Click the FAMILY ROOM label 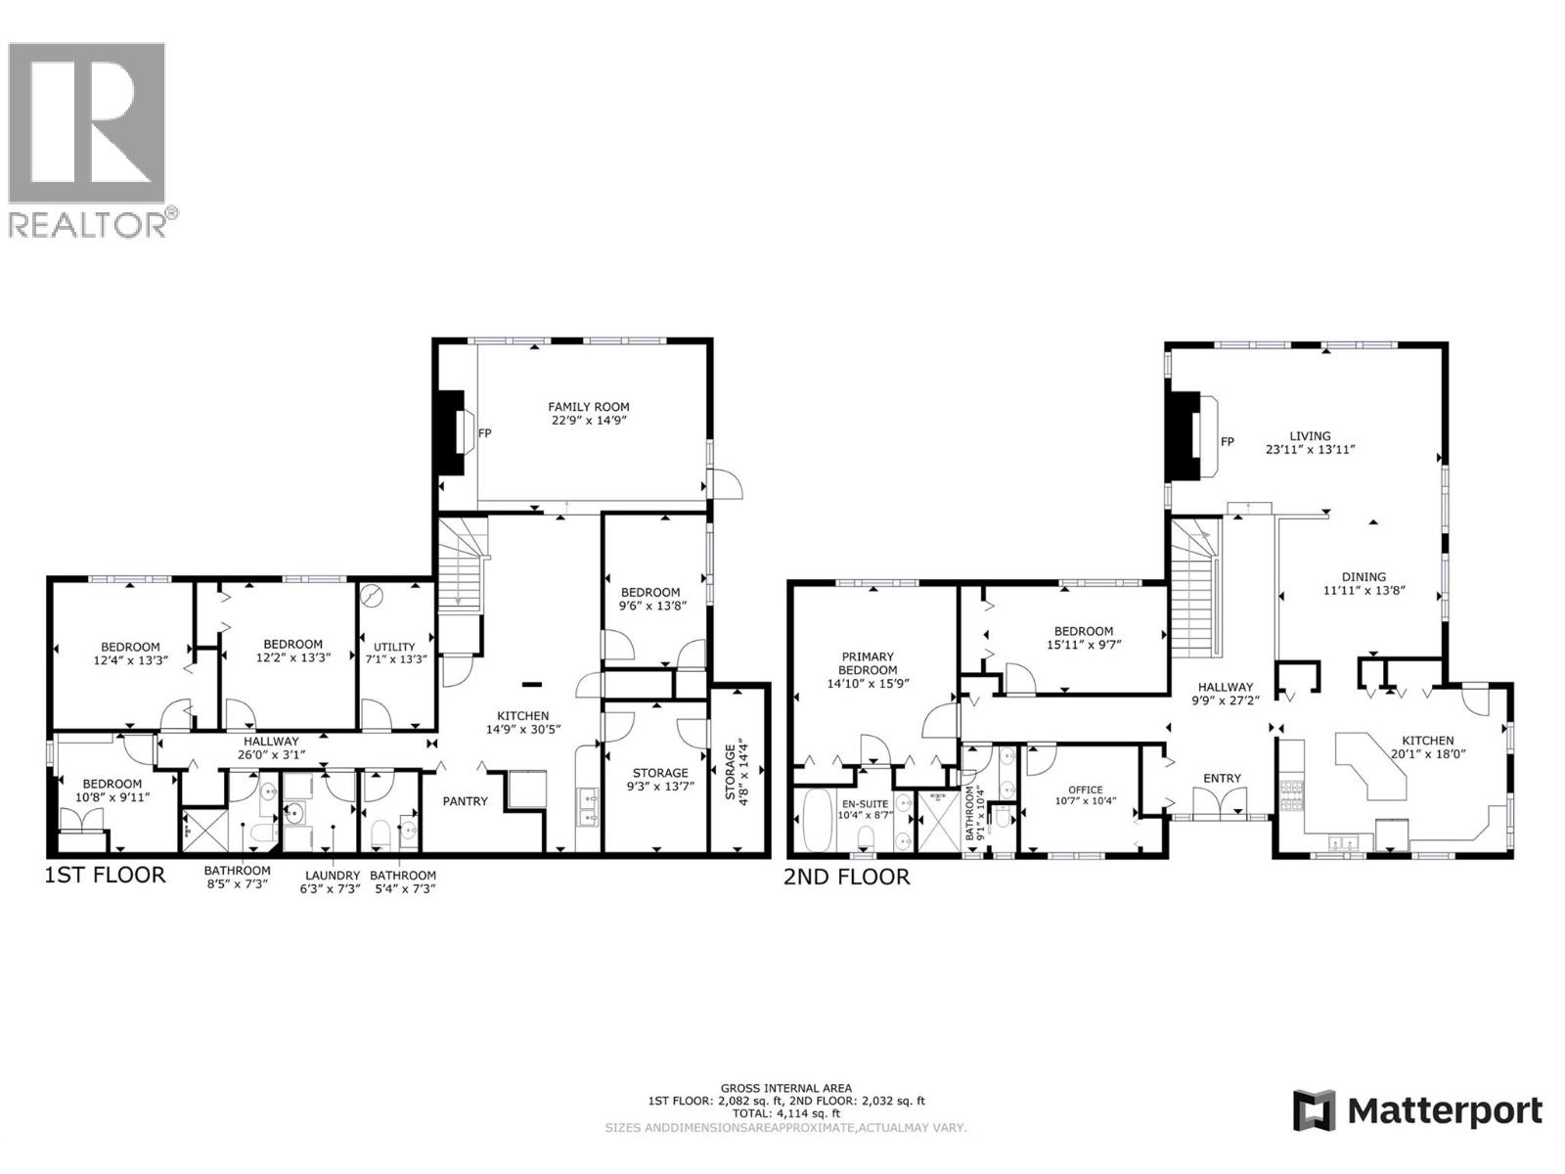(x=588, y=407)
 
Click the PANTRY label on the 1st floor (x=465, y=801)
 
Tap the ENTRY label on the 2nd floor (x=1222, y=779)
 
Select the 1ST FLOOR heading (x=106, y=875)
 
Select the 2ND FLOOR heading (x=846, y=877)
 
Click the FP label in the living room (x=1228, y=442)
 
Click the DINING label (x=1364, y=577)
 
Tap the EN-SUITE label (x=866, y=804)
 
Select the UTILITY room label (x=394, y=647)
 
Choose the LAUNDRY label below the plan (x=333, y=876)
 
